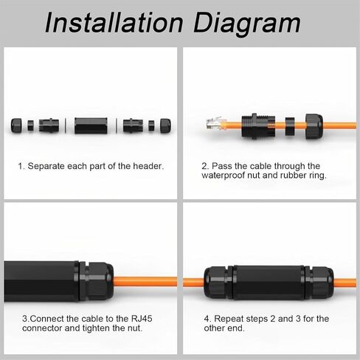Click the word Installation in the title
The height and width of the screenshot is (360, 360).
point(114,22)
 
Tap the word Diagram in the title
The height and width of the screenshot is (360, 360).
point(246,24)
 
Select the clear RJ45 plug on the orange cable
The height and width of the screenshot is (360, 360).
point(214,123)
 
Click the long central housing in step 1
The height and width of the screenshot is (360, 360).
point(91,125)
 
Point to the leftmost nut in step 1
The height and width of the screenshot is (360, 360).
point(16,125)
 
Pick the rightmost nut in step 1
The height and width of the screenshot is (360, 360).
point(165,125)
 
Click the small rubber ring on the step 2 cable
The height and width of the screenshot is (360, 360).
point(290,127)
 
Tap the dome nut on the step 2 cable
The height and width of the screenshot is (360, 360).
point(314,126)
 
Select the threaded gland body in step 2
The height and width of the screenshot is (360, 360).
point(258,126)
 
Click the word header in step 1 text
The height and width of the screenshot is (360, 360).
point(148,166)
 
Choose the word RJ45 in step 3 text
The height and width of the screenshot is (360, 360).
point(142,319)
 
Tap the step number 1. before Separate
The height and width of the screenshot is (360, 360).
point(21,166)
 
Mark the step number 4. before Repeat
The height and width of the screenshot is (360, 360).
point(208,319)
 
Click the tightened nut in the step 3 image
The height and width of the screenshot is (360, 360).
point(97,281)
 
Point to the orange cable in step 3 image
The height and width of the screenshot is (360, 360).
point(145,282)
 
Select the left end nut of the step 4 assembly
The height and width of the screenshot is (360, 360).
point(218,283)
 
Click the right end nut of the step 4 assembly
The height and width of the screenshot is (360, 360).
point(319,283)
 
